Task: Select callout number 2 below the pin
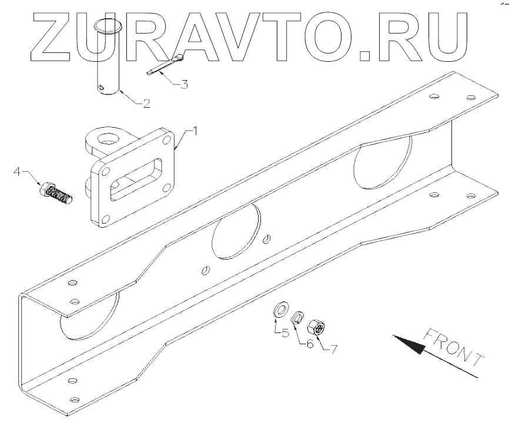point(145,104)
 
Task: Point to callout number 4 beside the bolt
point(18,171)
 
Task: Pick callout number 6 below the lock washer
point(310,342)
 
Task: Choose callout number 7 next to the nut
point(332,349)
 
